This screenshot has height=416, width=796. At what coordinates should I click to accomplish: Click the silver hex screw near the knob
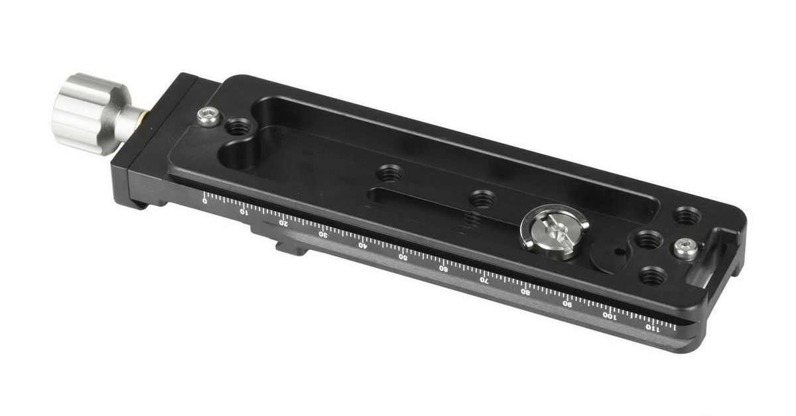[x=208, y=117]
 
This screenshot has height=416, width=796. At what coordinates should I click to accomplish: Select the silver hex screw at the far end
[x=685, y=250]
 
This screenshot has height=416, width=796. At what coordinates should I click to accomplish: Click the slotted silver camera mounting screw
[x=555, y=231]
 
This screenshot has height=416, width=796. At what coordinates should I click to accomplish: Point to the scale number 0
[x=205, y=201]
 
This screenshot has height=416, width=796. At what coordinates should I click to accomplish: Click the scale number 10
[x=243, y=212]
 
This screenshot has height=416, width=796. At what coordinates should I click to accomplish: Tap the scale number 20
[x=283, y=223]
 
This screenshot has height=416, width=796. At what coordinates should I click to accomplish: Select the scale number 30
[x=322, y=234]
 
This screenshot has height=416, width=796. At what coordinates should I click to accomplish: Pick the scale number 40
[x=362, y=245]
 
